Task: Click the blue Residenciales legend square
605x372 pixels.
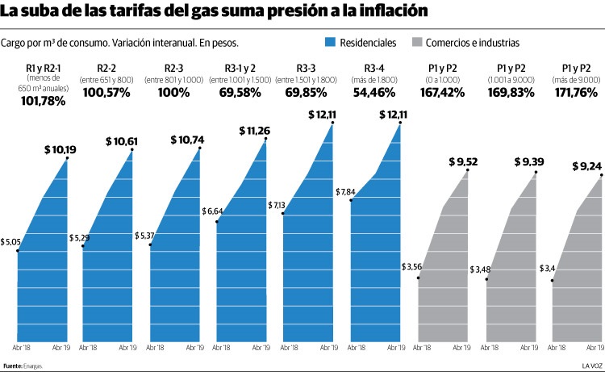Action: point(329,41)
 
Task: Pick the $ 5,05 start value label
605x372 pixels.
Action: point(10,241)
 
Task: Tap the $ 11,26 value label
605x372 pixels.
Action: point(259,130)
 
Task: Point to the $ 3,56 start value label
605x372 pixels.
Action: point(412,266)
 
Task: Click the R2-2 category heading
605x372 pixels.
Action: point(107,69)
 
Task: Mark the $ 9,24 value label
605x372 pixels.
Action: point(586,166)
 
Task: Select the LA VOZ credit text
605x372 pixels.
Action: point(591,366)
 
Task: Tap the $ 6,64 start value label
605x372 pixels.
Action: point(214,211)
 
